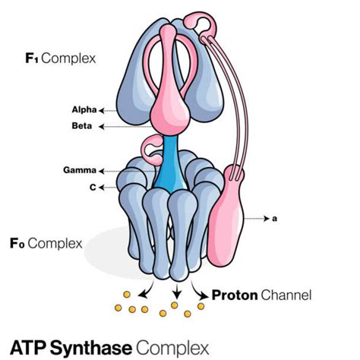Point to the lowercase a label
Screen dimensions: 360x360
click(x=275, y=219)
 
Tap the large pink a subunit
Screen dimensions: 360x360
click(x=235, y=220)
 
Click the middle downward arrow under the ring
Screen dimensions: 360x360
click(x=176, y=291)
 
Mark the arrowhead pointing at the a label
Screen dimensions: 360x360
click(x=266, y=219)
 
